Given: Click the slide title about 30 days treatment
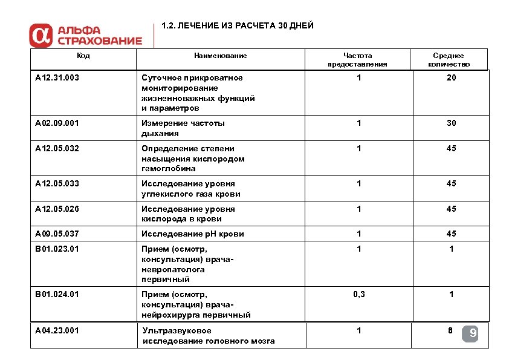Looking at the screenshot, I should [x=238, y=27].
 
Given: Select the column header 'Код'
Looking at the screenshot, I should [x=83, y=56].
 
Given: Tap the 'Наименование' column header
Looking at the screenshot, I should [x=220, y=56].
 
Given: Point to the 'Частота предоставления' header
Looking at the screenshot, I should [x=357, y=60].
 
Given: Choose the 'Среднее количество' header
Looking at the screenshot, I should [x=449, y=60].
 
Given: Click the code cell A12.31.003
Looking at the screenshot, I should [x=57, y=78].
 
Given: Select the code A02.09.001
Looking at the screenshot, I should [x=57, y=123].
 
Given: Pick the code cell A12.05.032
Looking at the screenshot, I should [x=57, y=149].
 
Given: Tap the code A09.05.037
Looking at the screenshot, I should [x=57, y=234].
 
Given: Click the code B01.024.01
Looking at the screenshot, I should [x=57, y=295].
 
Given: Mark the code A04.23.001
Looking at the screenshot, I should [x=57, y=330].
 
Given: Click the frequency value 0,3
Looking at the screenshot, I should [x=359, y=295].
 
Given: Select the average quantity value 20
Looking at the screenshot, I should [x=451, y=78].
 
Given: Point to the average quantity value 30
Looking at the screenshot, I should [x=451, y=123].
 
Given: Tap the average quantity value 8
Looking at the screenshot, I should [x=450, y=330].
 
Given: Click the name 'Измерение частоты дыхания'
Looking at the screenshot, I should [x=183, y=128].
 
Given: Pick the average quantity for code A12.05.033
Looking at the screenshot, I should [x=451, y=184].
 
